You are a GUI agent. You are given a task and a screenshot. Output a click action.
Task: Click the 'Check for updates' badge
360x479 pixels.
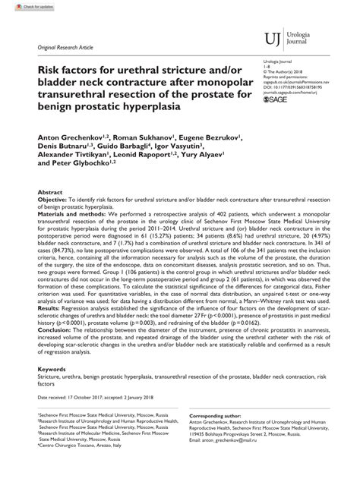coord(21,6)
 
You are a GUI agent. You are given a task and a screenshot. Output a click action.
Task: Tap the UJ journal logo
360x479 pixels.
coord(271,37)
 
